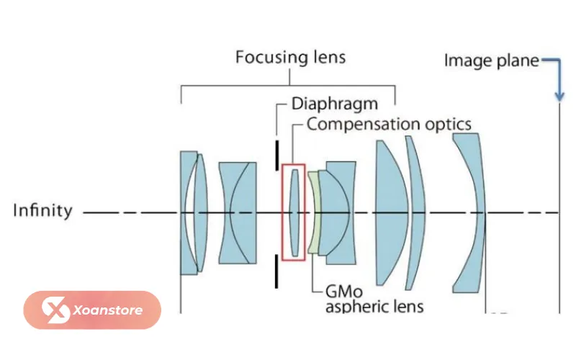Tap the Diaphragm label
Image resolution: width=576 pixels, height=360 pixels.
[x=335, y=104]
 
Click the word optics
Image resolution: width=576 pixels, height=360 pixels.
[x=448, y=125]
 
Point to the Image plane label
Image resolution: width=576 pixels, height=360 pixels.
[x=492, y=60]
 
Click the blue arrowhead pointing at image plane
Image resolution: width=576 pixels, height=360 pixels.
[x=559, y=96]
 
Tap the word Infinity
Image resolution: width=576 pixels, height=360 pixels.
[x=42, y=210]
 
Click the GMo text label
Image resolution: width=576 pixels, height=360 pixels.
[x=344, y=292]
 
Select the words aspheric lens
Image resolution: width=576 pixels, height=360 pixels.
[x=374, y=307]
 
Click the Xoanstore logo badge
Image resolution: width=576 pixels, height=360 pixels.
[x=92, y=310]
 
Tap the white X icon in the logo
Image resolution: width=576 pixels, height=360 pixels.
[x=55, y=310]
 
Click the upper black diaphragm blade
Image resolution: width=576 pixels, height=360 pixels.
[x=277, y=155]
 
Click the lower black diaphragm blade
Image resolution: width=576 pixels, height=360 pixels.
[x=276, y=271]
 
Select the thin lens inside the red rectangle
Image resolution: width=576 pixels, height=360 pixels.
[x=294, y=212]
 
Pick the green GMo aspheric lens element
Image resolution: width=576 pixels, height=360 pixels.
[x=313, y=213]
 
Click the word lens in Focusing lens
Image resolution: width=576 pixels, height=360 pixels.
[x=330, y=58]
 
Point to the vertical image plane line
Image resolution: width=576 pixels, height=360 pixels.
[x=559, y=207]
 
